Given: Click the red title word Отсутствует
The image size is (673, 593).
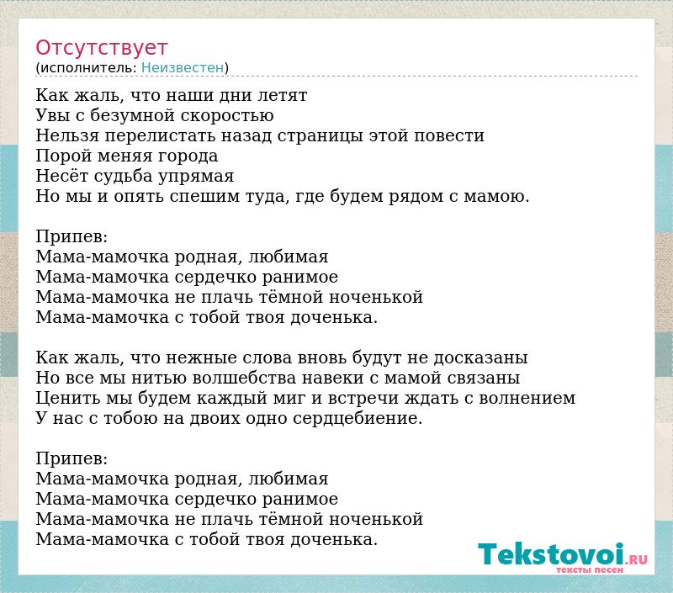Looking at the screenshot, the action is click(101, 48).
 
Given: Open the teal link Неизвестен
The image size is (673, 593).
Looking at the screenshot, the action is click(183, 68).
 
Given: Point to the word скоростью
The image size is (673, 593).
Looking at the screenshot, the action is click(226, 116).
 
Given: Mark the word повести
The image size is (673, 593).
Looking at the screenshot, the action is click(449, 135).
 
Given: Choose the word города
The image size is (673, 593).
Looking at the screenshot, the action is click(188, 156).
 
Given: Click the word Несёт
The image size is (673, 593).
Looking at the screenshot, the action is click(62, 176).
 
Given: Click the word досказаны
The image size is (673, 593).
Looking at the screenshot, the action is click(480, 357).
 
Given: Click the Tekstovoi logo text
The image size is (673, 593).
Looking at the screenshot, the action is click(551, 553).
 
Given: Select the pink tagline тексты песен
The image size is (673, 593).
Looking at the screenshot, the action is click(590, 569).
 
